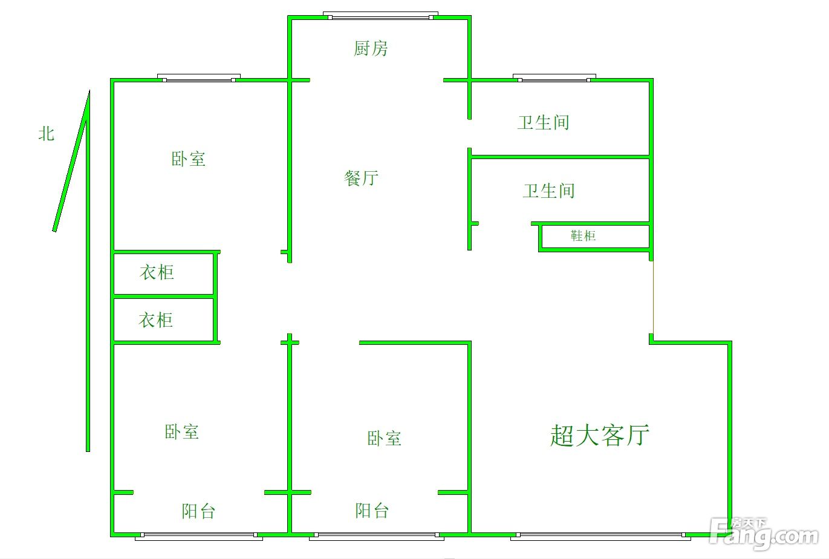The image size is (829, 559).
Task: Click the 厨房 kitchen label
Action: coord(371,48)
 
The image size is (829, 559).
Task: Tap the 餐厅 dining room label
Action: coord(361,178)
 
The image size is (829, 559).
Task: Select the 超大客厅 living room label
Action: coord(600,436)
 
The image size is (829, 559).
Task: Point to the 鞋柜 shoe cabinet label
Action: coord(583,236)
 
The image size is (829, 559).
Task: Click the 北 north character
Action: coord(47,134)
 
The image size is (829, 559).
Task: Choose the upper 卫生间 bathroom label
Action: coord(543,123)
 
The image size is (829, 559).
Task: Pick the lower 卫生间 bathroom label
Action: coord(548,191)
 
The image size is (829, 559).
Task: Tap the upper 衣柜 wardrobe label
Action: coord(157,272)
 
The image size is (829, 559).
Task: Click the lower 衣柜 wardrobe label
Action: coord(155,320)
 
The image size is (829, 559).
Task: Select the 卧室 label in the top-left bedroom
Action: coord(188,159)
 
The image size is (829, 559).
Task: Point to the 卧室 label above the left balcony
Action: coord(182,432)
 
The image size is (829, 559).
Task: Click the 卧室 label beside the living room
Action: coord(384,439)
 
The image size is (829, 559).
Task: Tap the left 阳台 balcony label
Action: coord(198,511)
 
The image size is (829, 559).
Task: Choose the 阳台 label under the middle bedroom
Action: coord(372,511)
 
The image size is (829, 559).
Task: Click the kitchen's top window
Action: coord(380,16)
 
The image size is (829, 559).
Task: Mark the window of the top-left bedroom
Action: coord(199,78)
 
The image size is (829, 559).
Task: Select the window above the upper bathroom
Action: coord(554,78)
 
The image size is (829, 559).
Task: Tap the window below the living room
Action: coord(600,537)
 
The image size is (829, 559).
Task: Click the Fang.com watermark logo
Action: coord(763,533)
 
